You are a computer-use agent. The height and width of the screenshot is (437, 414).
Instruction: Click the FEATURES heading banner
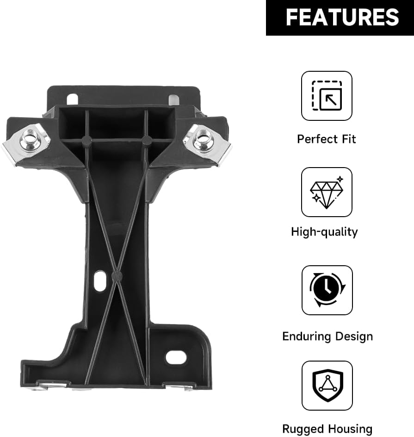(x=340, y=18)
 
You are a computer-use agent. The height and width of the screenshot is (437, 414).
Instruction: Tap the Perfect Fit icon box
(x=327, y=96)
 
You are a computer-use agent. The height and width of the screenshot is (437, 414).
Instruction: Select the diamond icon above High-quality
(x=327, y=192)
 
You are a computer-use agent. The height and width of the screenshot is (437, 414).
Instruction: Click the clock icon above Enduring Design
(x=327, y=290)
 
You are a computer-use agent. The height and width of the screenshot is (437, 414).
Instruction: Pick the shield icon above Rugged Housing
(x=327, y=386)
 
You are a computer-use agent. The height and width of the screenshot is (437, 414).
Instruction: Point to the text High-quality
(x=324, y=232)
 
